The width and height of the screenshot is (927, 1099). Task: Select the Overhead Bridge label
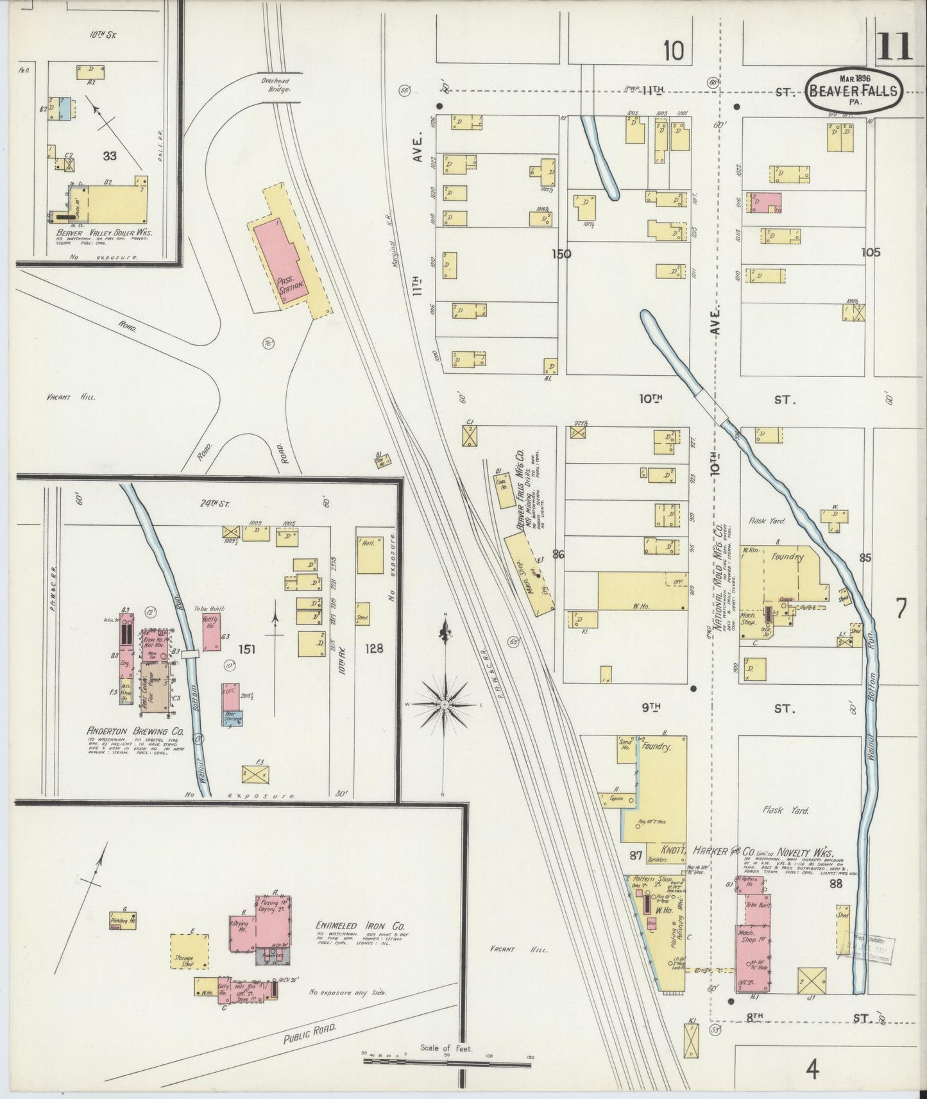276,86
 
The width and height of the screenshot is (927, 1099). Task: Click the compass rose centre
444,704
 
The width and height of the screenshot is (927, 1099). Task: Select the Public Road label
310,1034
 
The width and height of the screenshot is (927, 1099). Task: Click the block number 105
871,252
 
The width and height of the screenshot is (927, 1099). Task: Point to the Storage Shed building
189,951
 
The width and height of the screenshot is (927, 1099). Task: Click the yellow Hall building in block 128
370,555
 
